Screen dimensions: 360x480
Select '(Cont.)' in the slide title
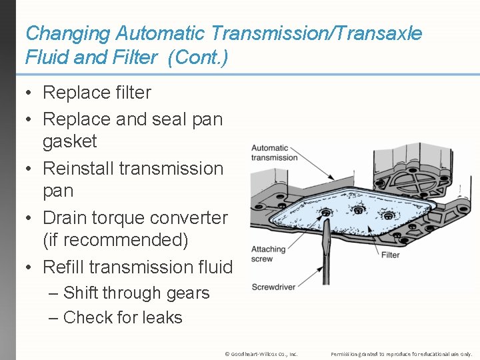tap(198, 58)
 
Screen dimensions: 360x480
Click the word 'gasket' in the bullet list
tap(69, 141)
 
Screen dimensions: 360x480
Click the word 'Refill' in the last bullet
tap(63, 267)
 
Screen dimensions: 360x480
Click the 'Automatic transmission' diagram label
tap(273, 153)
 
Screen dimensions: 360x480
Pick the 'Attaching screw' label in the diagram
tap(267, 254)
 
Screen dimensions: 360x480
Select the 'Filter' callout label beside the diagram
tap(390, 255)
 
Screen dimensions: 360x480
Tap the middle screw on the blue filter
tap(359, 210)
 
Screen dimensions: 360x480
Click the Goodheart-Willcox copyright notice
tap(262, 353)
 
